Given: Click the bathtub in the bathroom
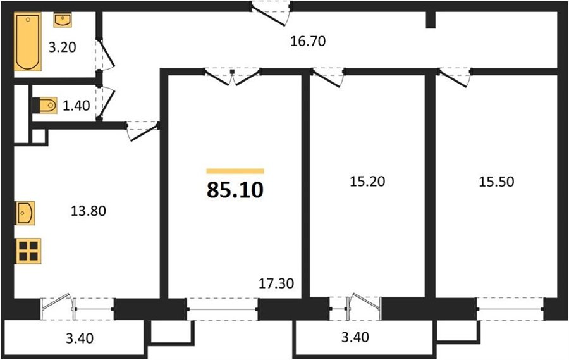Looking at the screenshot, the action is click(28, 41).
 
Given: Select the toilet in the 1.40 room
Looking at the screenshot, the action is click(45, 106).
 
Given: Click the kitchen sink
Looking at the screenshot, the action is click(25, 213).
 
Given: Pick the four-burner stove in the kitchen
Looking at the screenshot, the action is click(28, 251).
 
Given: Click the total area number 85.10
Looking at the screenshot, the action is click(235, 190).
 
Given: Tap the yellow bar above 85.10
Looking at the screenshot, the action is click(235, 171).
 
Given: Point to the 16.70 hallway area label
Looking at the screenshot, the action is click(308, 41).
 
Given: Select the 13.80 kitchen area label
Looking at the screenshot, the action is click(88, 211).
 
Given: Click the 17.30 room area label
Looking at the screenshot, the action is click(276, 283).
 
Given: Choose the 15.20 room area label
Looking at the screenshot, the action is click(367, 182).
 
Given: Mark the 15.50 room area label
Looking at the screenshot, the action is click(496, 182).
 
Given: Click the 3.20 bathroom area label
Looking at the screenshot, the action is click(63, 47).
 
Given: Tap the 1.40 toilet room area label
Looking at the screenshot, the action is click(76, 106).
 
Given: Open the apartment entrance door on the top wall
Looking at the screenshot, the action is click(271, 14).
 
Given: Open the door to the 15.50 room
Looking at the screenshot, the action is click(455, 77).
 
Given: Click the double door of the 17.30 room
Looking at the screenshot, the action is click(232, 77).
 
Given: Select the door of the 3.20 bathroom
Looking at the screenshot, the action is click(106, 54).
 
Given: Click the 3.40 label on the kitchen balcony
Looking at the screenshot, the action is click(80, 338).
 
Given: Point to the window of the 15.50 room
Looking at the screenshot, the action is click(510, 309).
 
